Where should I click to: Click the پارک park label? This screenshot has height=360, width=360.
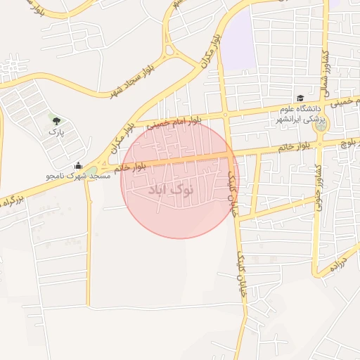[x=56, y=131]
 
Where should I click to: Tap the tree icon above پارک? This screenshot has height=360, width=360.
[x=56, y=120]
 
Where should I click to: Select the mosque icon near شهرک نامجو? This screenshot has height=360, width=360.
[x=78, y=166]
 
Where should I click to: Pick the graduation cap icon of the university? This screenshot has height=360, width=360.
[x=300, y=99]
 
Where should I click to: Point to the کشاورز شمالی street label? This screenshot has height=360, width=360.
[x=325, y=67]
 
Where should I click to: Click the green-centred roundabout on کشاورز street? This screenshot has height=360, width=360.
[x=321, y=127]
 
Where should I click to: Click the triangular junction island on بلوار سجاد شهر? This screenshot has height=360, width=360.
[x=169, y=50]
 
